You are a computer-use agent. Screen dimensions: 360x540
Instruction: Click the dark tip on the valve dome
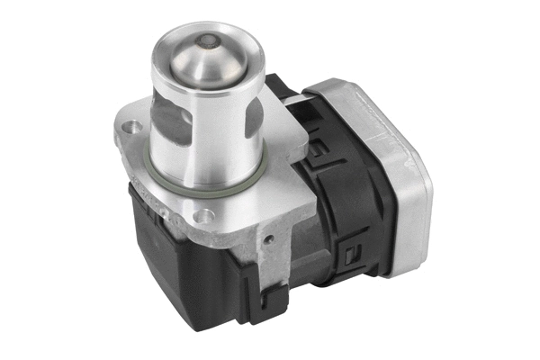[209, 40]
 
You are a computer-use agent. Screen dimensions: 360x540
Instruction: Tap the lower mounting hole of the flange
[205, 215]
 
